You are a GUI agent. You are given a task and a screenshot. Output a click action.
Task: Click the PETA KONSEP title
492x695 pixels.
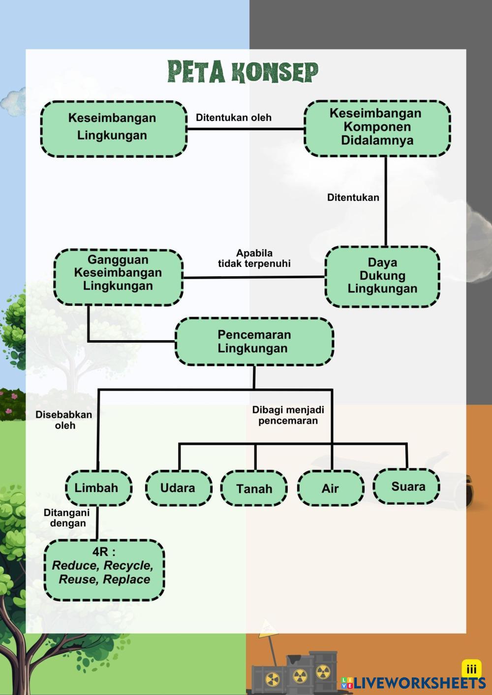point(243,72)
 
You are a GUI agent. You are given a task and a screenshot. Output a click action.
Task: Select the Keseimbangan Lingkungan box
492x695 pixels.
point(114,129)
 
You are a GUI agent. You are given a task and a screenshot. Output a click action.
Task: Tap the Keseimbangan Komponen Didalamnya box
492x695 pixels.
point(377,128)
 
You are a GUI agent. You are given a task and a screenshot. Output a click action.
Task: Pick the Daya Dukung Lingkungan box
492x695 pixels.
point(382,277)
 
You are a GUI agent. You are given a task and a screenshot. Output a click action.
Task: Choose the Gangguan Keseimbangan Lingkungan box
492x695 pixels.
point(119,277)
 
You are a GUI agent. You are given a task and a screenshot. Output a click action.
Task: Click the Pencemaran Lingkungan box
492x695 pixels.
point(254,341)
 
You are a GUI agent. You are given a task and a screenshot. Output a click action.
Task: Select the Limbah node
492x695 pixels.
point(98,488)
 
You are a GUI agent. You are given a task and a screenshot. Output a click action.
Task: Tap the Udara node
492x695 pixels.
point(179,488)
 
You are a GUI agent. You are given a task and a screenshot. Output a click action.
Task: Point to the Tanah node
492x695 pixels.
point(254,489)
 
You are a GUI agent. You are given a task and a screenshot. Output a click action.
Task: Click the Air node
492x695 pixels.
point(331,489)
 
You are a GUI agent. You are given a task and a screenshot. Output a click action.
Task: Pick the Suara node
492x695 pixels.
point(406,487)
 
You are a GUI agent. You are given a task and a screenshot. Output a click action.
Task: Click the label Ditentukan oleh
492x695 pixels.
point(234,117)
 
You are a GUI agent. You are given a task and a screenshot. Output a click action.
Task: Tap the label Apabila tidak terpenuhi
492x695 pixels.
point(254,258)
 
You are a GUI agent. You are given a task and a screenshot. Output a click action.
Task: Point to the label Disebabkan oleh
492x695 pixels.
point(64,420)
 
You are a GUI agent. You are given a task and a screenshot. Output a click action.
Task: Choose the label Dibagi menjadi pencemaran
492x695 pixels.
point(288,415)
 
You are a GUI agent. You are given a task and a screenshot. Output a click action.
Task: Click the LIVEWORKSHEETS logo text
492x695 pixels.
point(419,683)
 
